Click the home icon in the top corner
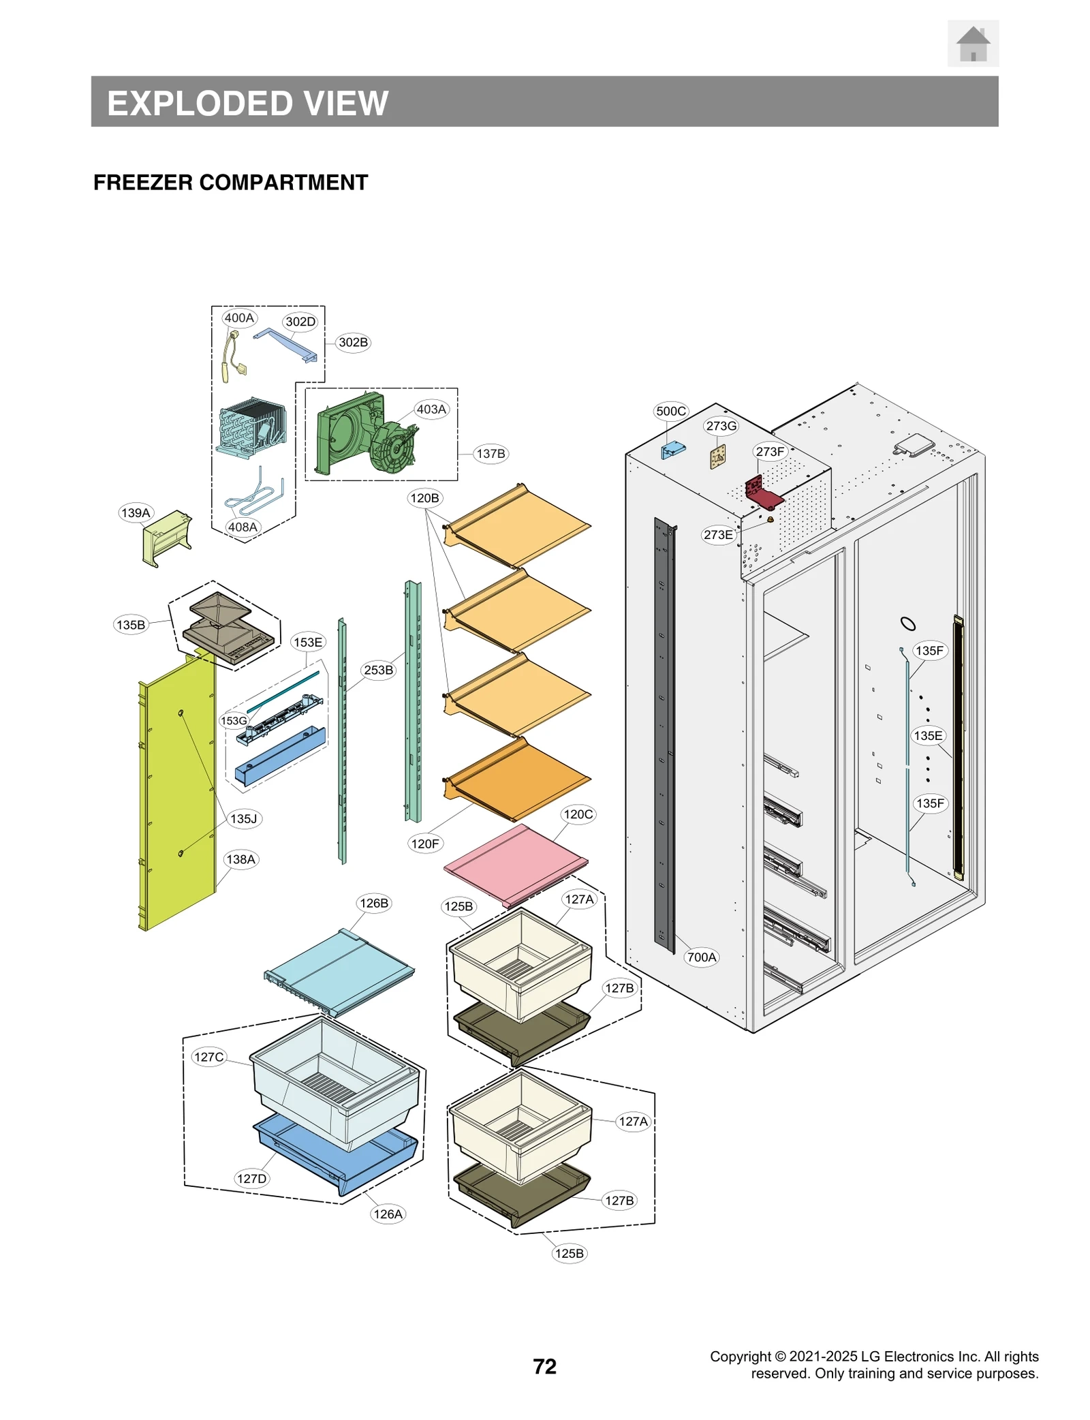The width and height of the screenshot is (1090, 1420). (972, 44)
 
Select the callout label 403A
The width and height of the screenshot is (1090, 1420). (431, 409)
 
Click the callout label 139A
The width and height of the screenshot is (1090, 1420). (136, 512)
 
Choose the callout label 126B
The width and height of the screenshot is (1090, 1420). (374, 903)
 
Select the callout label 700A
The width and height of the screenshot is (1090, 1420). (702, 957)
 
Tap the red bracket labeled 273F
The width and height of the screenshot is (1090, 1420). (762, 493)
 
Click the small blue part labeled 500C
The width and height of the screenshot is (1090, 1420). (672, 450)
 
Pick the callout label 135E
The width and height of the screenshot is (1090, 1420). (928, 735)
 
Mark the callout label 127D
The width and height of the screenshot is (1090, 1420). (252, 1178)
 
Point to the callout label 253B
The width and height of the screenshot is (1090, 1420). (378, 670)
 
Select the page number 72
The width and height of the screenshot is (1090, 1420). (544, 1366)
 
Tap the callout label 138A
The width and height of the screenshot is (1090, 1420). (240, 859)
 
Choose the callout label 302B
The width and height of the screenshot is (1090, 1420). (353, 342)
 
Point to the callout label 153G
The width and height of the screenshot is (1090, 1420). (233, 720)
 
